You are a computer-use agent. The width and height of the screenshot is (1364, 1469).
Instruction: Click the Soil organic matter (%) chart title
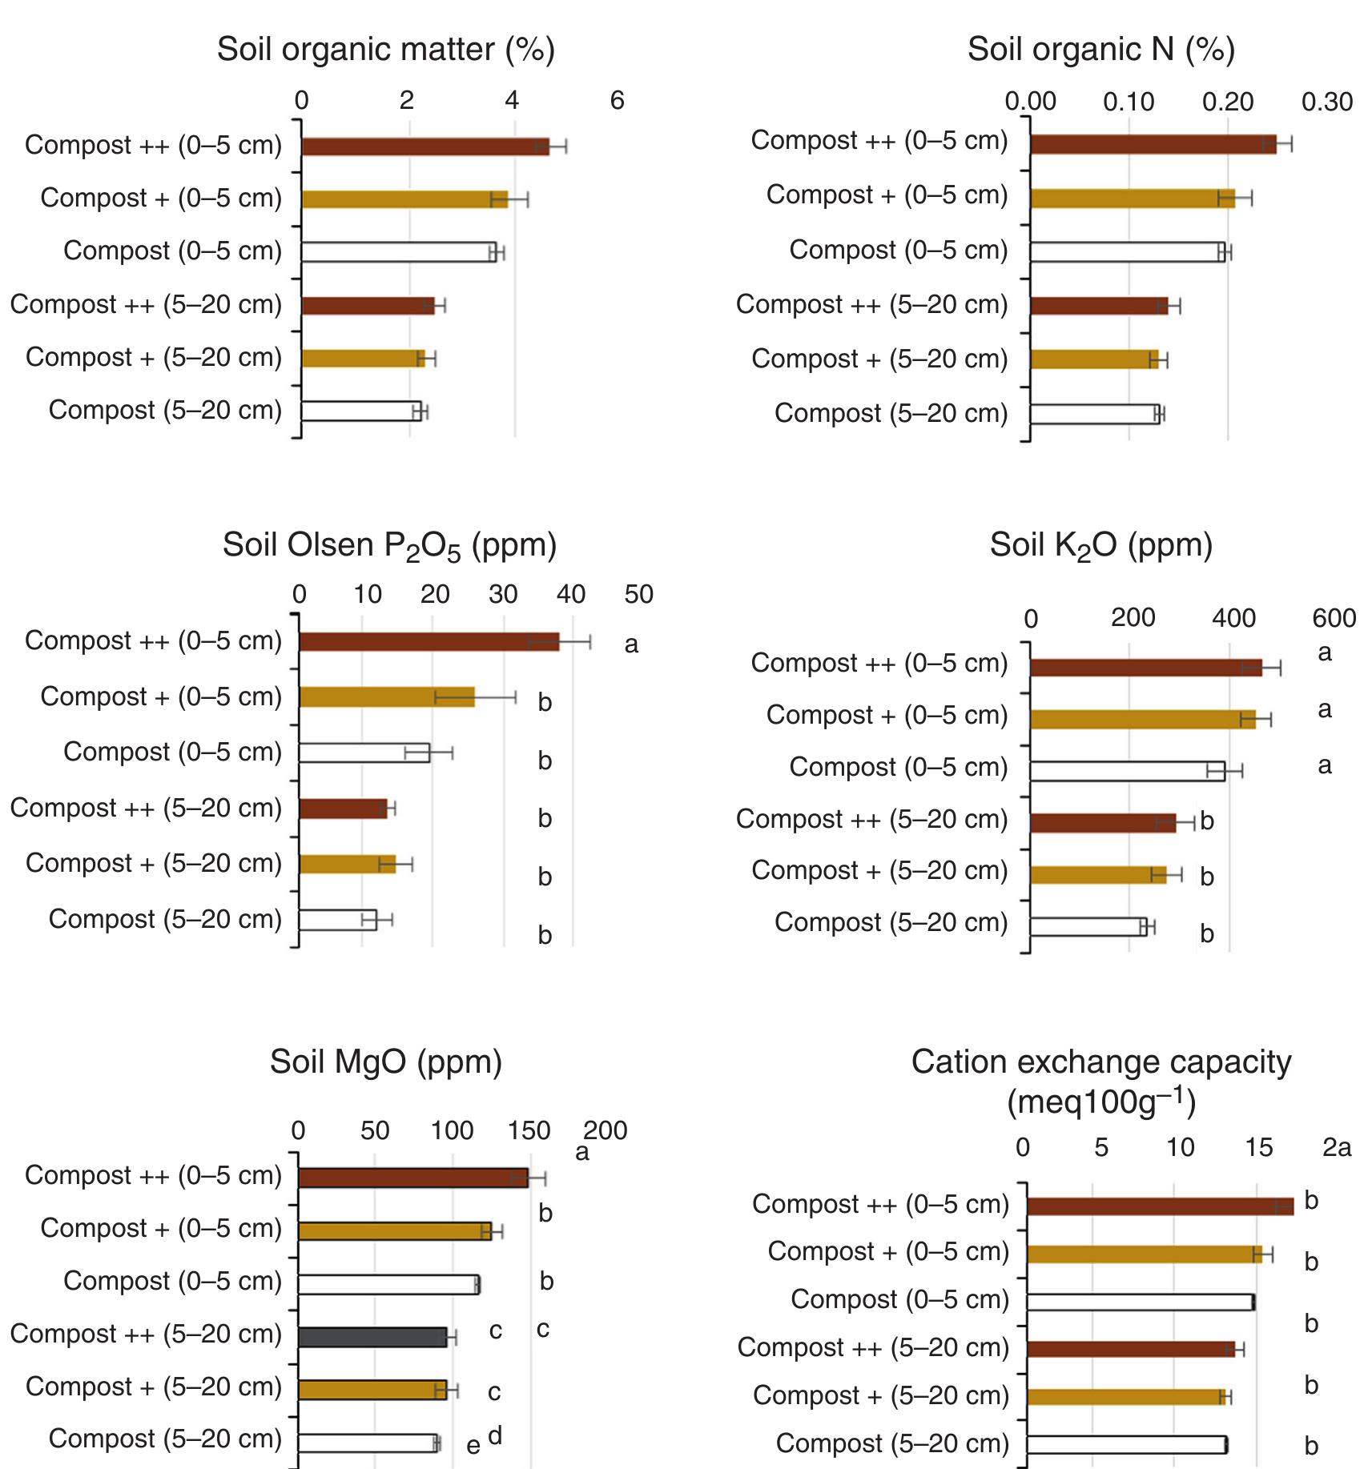point(385,50)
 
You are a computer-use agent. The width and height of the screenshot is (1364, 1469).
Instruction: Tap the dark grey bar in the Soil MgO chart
point(372,1337)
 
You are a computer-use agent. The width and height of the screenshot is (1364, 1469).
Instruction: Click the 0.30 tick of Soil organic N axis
point(1326,102)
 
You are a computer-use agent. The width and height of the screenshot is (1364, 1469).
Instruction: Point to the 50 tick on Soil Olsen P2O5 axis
point(638,595)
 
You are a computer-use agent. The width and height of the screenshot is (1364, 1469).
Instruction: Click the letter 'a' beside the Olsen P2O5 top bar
point(631,644)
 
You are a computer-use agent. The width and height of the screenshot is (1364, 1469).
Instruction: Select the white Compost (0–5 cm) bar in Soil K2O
point(1126,771)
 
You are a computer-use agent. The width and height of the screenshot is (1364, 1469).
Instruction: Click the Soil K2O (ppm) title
point(1100,545)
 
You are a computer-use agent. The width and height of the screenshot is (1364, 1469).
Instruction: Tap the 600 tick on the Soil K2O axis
point(1334,618)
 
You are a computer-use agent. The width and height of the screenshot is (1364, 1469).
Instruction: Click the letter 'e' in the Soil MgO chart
point(473,1446)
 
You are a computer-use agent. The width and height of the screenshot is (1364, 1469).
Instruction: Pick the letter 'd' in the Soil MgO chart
point(495,1435)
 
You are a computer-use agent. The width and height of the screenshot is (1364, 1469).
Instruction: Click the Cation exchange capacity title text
point(1100,1081)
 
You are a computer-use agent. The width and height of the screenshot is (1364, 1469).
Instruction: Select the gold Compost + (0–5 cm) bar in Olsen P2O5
point(386,697)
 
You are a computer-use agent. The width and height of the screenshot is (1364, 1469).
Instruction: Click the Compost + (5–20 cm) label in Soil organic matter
point(154,357)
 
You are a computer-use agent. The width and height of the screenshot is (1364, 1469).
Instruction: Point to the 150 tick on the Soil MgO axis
point(529,1130)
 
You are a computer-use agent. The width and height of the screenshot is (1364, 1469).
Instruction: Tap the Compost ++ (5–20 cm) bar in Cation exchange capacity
point(1130,1349)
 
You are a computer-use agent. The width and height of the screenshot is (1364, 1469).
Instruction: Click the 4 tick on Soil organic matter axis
point(512,101)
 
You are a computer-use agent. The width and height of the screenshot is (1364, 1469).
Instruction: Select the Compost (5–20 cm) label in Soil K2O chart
point(891,922)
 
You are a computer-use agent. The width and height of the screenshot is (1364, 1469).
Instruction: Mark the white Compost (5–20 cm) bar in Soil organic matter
point(360,411)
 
